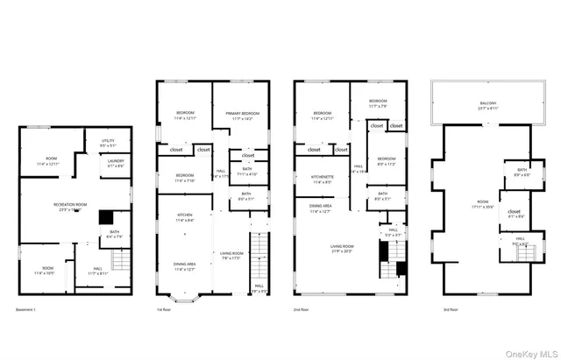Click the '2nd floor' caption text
click(302, 309)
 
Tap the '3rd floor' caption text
click(440, 309)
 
